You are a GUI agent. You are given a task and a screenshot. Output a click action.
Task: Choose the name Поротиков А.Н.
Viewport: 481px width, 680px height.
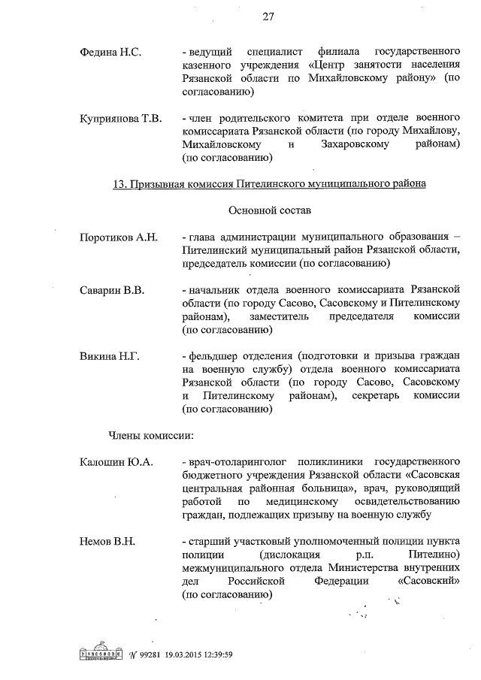[119, 237]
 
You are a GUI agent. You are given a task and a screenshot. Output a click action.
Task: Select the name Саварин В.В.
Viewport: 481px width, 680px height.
[113, 289]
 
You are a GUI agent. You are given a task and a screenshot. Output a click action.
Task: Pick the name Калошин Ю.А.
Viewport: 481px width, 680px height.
[116, 461]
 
